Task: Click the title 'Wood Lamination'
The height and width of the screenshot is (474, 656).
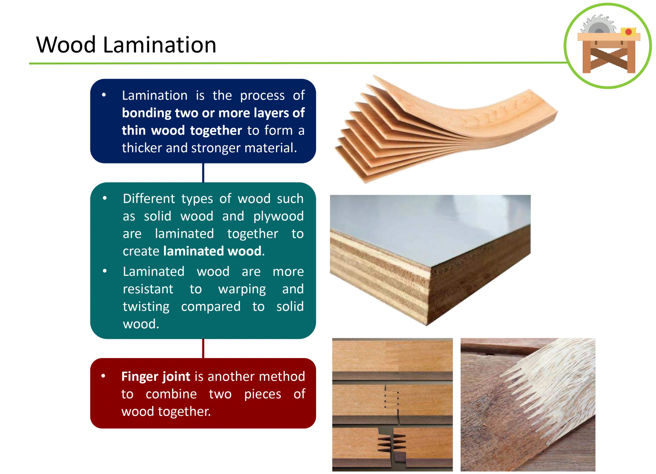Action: (126, 45)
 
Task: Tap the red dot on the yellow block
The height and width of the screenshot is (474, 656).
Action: (628, 32)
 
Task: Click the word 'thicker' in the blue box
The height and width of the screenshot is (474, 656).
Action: (141, 148)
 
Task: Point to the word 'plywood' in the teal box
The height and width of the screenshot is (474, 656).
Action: (278, 216)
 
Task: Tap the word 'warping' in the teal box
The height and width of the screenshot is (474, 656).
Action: (242, 289)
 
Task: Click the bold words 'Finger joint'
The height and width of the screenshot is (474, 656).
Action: (156, 377)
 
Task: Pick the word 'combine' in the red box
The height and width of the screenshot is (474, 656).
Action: (171, 394)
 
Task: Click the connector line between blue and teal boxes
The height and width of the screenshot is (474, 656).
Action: (203, 173)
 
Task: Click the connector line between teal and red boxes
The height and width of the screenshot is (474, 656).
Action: (203, 348)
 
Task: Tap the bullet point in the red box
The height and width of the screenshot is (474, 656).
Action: (103, 376)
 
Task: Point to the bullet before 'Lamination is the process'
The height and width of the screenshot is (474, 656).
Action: (104, 95)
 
